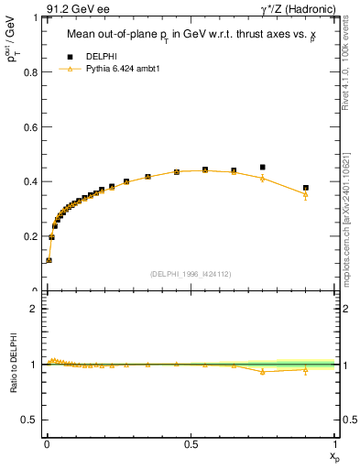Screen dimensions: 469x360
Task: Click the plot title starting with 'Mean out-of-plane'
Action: pyautogui.click(x=189, y=35)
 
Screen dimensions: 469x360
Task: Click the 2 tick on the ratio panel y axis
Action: pyautogui.click(x=34, y=309)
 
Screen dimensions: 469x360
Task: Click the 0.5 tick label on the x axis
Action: pyautogui.click(x=191, y=442)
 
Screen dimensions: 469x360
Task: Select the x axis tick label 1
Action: pyautogui.click(x=334, y=442)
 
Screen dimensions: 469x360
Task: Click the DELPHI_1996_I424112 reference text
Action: pyautogui.click(x=190, y=273)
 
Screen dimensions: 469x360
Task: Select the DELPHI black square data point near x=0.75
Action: pyautogui.click(x=263, y=168)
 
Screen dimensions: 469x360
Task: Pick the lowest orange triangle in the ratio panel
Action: pyautogui.click(x=263, y=371)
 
